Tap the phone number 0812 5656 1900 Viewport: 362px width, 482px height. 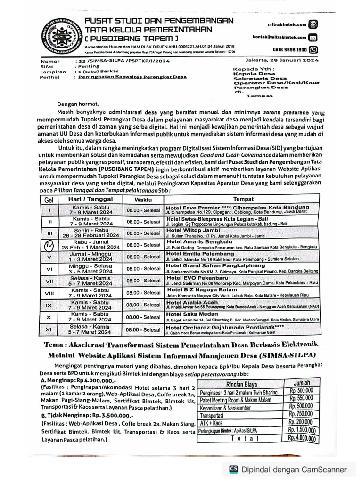(290, 49)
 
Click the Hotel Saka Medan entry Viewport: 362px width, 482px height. (192, 314)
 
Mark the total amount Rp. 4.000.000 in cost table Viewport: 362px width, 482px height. (301, 439)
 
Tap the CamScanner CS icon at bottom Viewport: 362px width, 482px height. (233, 469)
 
